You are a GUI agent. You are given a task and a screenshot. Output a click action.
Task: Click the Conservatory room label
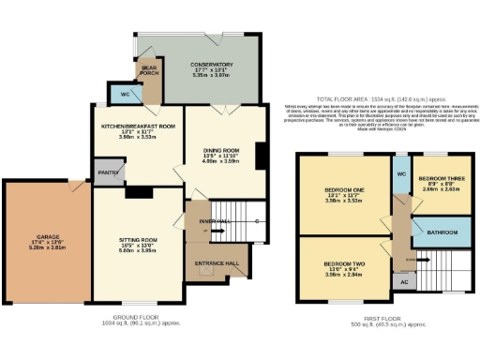(x=210, y=65)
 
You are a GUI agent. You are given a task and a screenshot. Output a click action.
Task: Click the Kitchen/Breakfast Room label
(x=139, y=126)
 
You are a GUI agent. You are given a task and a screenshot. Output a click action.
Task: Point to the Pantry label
(x=105, y=172)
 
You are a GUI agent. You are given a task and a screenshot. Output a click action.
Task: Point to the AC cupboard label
(x=404, y=280)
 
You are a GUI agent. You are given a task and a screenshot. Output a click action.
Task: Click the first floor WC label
(x=400, y=173)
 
